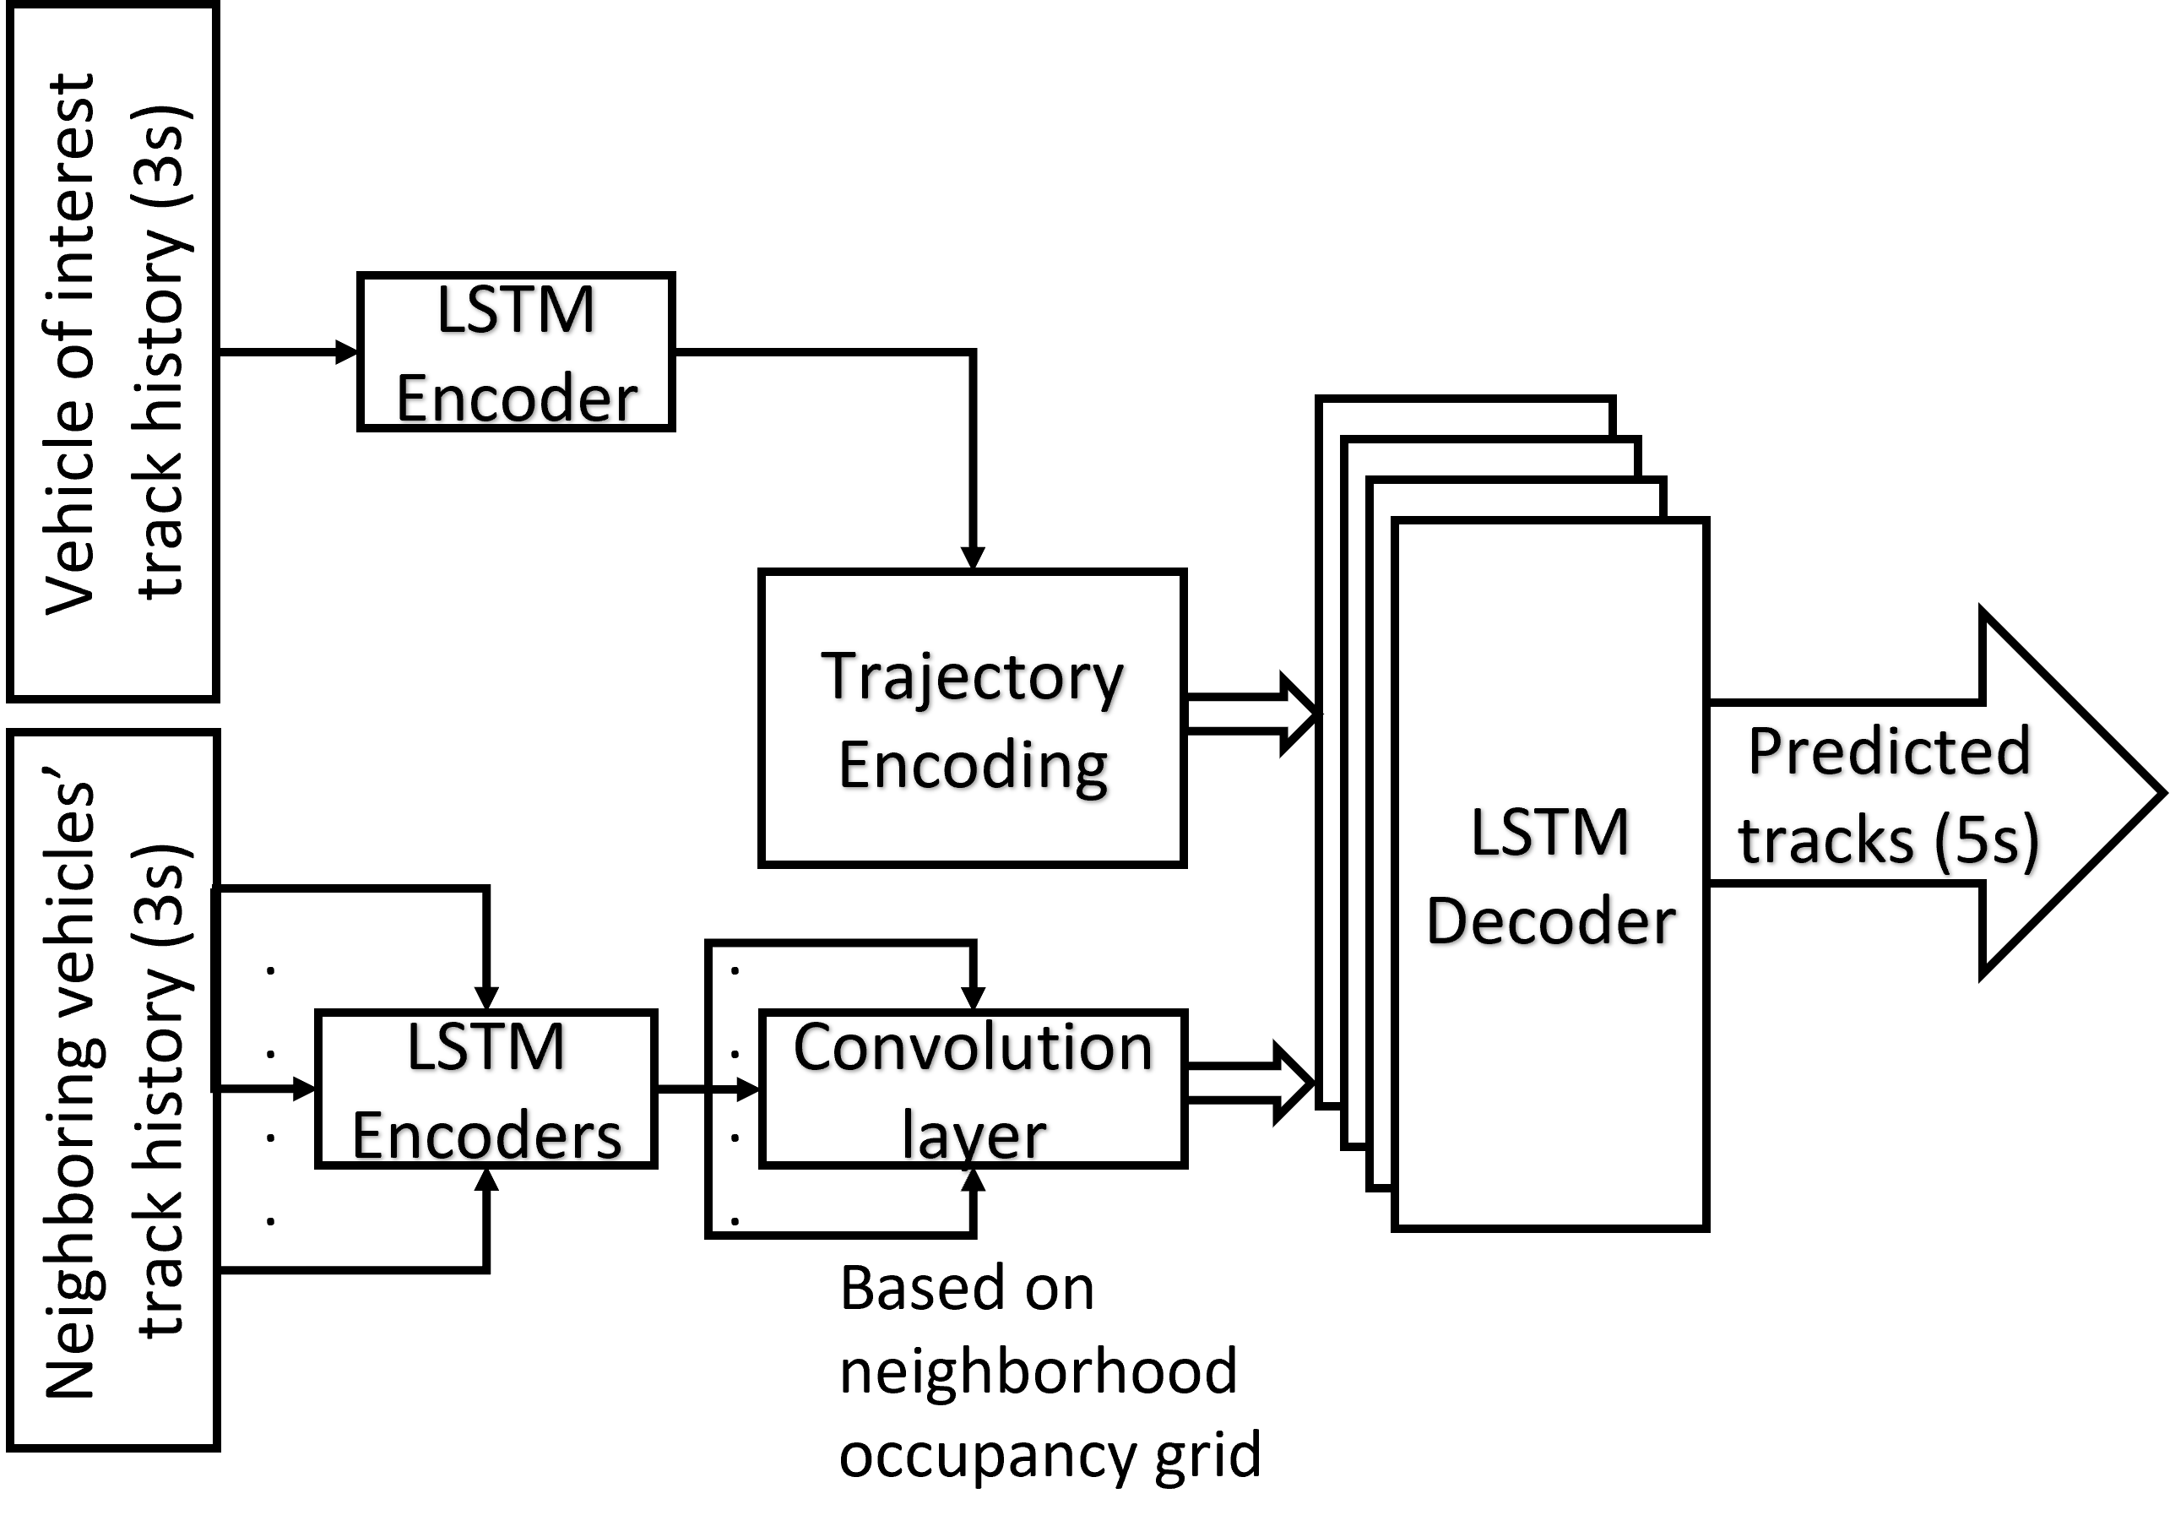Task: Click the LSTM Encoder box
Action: (516, 351)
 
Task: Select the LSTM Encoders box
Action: (486, 1089)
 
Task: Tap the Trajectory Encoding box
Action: (972, 717)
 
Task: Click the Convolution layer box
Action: (972, 1089)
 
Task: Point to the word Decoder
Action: (1550, 921)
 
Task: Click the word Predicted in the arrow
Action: (1888, 752)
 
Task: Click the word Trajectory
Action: (972, 677)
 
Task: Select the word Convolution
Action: (972, 1048)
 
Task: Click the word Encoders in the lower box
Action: (486, 1135)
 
